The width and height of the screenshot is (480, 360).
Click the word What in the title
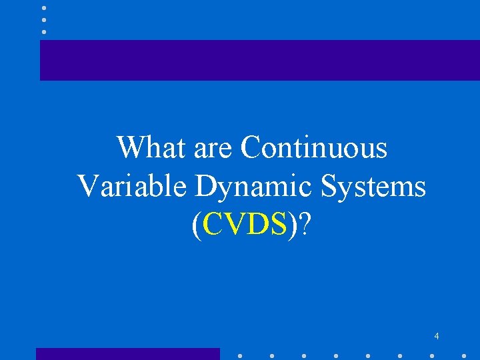pyautogui.click(x=151, y=147)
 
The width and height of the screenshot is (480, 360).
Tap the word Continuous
pyautogui.click(x=313, y=147)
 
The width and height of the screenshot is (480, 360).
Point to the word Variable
pyautogui.click(x=132, y=187)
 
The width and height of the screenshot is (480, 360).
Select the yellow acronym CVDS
pyautogui.click(x=246, y=227)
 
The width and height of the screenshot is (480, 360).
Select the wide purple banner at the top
pyautogui.click(x=259, y=60)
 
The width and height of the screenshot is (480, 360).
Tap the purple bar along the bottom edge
pyautogui.click(x=127, y=354)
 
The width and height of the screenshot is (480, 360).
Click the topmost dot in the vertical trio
pyautogui.click(x=44, y=9)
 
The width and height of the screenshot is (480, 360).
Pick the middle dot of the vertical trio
pyautogui.click(x=44, y=20)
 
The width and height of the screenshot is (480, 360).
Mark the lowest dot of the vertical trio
pyautogui.click(x=44, y=31)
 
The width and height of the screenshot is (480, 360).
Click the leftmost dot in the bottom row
pyautogui.click(x=239, y=356)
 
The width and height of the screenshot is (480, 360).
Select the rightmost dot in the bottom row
pyautogui.click(x=464, y=356)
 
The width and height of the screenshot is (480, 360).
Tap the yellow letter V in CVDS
pyautogui.click(x=230, y=227)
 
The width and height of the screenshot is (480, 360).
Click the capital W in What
pyautogui.click(x=131, y=147)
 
